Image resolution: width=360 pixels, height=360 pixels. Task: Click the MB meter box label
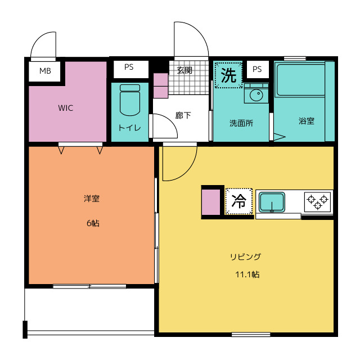45,71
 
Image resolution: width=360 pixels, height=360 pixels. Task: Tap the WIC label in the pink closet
66,108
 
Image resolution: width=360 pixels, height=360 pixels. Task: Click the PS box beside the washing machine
258,69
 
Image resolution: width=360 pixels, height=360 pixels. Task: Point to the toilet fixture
130,100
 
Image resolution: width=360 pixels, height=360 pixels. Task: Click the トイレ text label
129,128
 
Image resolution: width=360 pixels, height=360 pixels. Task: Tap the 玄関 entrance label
184,70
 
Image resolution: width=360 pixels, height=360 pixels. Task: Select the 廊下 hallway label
183,115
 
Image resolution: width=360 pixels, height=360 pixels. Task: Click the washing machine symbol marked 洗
228,75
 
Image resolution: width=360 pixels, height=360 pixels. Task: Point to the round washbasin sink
256,95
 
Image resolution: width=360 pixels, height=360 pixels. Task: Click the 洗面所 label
241,123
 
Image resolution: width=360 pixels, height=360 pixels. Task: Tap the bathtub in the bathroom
301,80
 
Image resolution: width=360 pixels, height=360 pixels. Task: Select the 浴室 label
307,121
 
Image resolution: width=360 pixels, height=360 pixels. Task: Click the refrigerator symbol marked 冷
238,201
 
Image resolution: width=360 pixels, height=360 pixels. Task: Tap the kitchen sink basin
272,202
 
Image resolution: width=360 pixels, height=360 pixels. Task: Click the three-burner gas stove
318,202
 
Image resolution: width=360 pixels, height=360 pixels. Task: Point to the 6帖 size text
93,223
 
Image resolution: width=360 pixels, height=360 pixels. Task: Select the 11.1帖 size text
247,274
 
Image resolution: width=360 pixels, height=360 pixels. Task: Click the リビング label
246,256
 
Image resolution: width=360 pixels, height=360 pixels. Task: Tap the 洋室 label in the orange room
92,199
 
